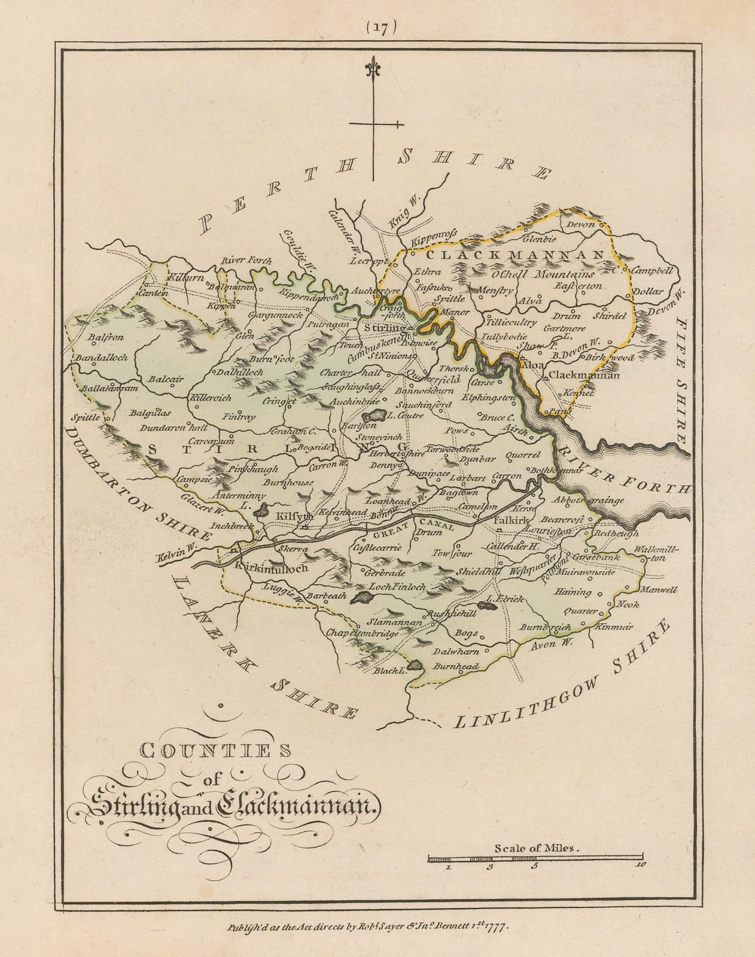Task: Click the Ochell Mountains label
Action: pyautogui.click(x=542, y=275)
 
